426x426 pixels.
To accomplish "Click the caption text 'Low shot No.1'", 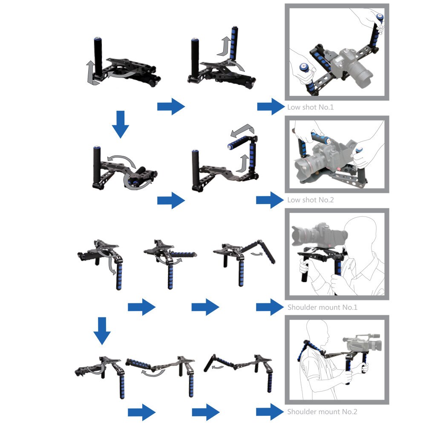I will click(x=310, y=107).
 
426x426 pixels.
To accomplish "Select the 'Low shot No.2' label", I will click(x=310, y=199).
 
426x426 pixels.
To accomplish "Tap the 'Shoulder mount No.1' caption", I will click(x=322, y=307).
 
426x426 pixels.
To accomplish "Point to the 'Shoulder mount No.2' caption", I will click(x=322, y=412).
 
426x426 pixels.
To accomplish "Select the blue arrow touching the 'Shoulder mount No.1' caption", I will click(x=270, y=307).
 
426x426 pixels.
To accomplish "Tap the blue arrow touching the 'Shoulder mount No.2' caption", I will click(x=270, y=412).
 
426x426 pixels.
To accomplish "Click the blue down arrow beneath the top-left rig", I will click(x=121, y=124).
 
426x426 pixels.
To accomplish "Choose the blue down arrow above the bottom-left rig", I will click(x=102, y=330).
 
